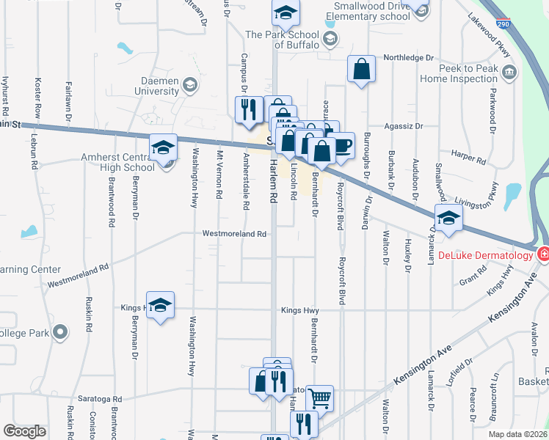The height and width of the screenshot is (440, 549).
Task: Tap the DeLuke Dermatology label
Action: pos(485,256)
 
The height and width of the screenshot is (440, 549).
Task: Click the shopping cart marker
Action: pos(319,398)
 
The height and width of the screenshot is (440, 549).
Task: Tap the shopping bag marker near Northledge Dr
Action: pos(362,70)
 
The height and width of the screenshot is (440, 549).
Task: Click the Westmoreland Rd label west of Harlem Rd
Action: pos(234,234)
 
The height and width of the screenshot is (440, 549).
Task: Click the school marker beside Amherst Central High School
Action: pos(163,148)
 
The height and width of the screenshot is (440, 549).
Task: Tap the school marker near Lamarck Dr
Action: pos(448,218)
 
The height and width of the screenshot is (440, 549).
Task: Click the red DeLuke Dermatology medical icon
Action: pos(543,255)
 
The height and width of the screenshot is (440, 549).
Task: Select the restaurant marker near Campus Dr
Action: pos(248,109)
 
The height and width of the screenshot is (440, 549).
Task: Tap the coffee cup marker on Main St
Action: pos(342,144)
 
